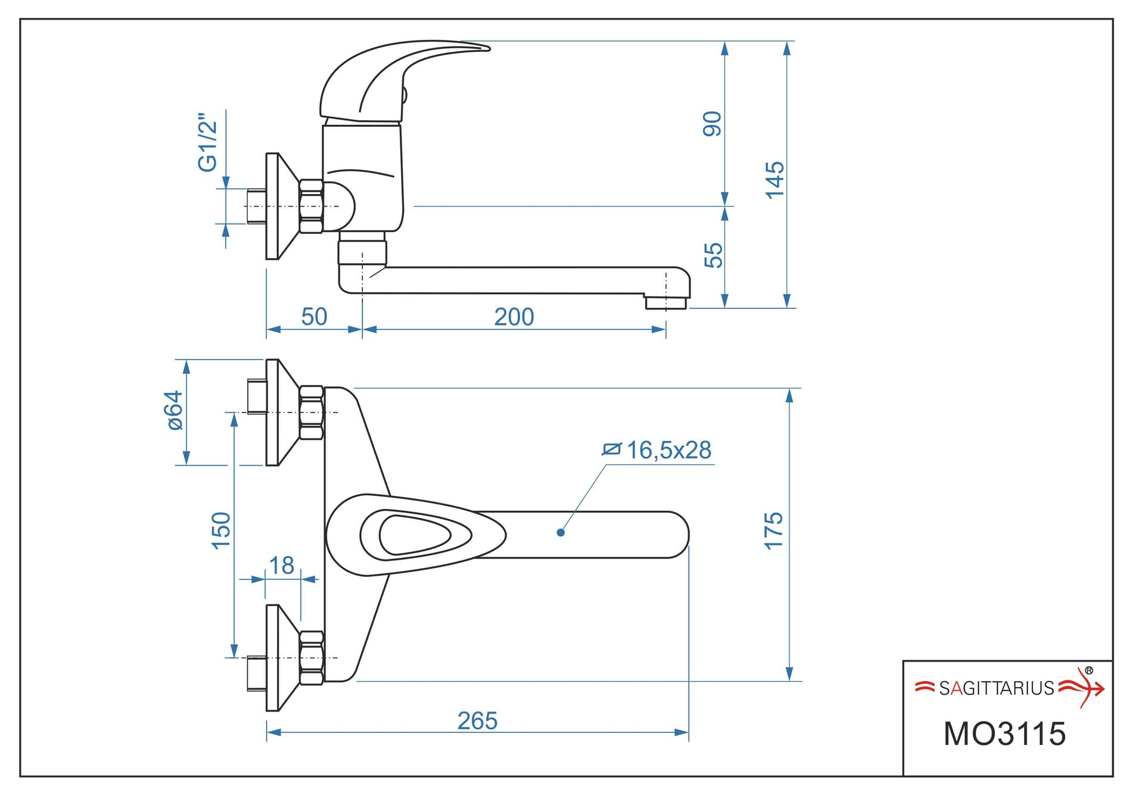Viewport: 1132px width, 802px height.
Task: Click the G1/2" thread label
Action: (208, 142)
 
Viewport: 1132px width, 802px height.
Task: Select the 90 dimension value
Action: (713, 124)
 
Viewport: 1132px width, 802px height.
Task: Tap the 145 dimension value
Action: (775, 180)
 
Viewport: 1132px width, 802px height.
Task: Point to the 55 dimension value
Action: (713, 255)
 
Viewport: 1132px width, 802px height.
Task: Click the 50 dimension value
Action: (314, 317)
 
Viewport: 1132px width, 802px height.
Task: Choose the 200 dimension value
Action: (514, 317)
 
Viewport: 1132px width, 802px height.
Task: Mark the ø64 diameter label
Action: (175, 410)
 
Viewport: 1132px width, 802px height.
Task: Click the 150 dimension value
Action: (221, 530)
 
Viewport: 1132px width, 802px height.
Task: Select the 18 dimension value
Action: (281, 565)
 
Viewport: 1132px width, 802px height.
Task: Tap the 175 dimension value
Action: (773, 530)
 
